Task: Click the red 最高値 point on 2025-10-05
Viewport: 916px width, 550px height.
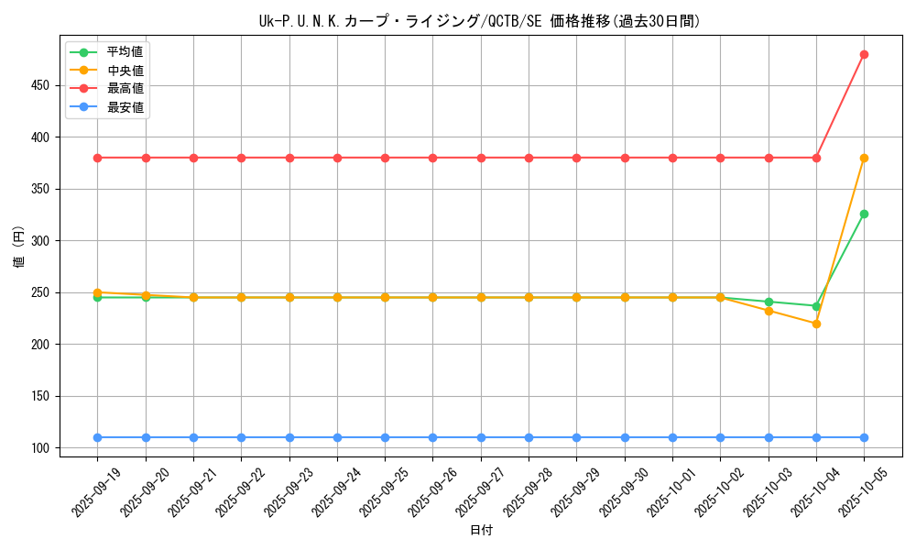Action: [x=864, y=54]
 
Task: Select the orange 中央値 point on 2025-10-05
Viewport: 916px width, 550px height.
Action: [x=864, y=158]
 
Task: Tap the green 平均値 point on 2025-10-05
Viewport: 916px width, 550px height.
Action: [x=864, y=214]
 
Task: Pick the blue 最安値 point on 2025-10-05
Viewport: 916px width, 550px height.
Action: [x=864, y=437]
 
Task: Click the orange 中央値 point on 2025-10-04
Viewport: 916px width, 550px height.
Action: [x=816, y=324]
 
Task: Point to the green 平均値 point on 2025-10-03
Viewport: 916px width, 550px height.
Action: [x=769, y=302]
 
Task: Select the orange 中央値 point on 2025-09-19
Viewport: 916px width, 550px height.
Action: [x=98, y=292]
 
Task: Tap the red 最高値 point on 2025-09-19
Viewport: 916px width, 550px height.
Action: [x=98, y=158]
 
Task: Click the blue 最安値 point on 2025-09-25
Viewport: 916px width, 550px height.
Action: [x=385, y=437]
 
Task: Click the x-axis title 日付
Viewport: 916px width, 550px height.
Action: [x=481, y=531]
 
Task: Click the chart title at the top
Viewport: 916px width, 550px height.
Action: [x=481, y=21]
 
